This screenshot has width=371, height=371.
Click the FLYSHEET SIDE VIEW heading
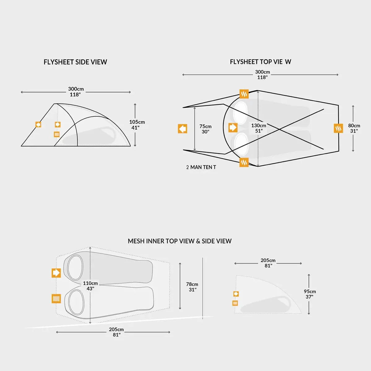[75, 62]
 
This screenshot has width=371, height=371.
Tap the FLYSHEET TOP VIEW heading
[260, 62]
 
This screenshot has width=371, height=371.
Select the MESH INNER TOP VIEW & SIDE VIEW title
[179, 241]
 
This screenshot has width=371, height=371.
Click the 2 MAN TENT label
[201, 167]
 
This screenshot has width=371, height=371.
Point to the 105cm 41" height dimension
[137, 124]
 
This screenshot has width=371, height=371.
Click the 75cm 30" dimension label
[205, 129]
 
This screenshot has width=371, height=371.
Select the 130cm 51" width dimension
[259, 128]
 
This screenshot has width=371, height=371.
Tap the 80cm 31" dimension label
[354, 128]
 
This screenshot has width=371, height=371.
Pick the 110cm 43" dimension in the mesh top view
[90, 286]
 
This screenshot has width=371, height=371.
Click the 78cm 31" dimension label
[192, 287]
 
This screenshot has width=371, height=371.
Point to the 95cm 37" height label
[310, 294]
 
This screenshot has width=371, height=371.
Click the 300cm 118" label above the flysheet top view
[262, 74]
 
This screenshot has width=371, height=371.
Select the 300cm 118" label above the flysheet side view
[76, 92]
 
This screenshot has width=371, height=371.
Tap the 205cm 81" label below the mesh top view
[116, 332]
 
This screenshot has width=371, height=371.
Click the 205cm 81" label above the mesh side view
[268, 263]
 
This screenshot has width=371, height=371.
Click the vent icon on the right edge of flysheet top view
[339, 128]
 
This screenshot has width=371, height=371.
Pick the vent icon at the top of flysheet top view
[244, 94]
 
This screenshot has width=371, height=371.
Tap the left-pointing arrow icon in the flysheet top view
[183, 129]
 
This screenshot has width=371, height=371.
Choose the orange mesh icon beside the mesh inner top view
[56, 299]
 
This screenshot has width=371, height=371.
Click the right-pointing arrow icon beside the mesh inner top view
[56, 273]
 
